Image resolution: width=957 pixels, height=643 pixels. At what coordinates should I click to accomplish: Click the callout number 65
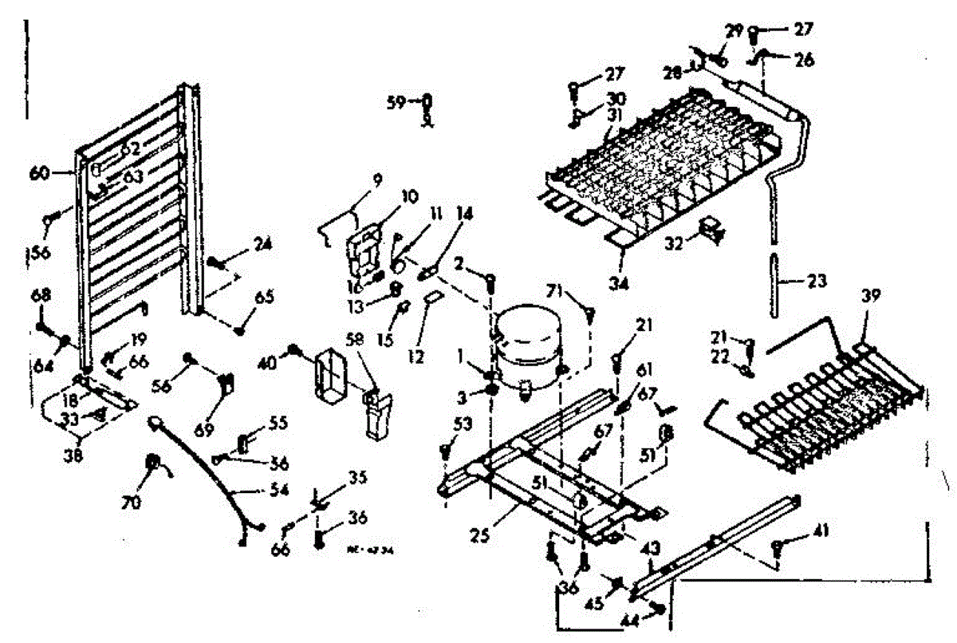[264, 298]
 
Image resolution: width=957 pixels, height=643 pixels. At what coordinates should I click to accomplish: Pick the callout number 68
[41, 296]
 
